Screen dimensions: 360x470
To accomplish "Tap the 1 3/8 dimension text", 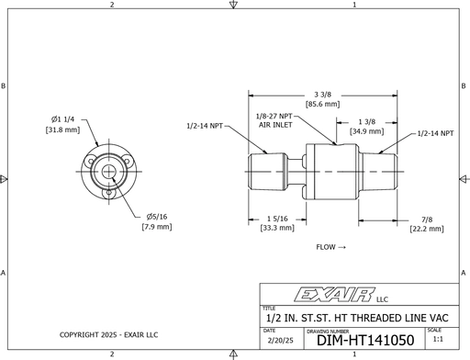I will [x=366, y=121].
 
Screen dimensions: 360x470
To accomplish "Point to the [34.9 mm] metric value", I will [x=366, y=131].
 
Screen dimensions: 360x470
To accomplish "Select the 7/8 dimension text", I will [x=427, y=219].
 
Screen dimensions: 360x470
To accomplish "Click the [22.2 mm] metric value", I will [x=427, y=229].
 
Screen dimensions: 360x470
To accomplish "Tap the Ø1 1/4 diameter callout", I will [x=64, y=119].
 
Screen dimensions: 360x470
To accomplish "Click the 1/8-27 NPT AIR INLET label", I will [x=275, y=120].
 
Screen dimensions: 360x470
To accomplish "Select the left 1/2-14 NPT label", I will [x=205, y=125].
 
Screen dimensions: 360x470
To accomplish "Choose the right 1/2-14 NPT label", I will [x=435, y=134].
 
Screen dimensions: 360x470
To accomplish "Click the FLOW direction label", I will [x=330, y=248].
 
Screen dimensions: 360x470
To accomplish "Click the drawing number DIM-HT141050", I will [x=365, y=340].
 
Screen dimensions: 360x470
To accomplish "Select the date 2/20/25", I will [x=275, y=340].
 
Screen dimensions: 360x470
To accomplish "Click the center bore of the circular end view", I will [x=108, y=172].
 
